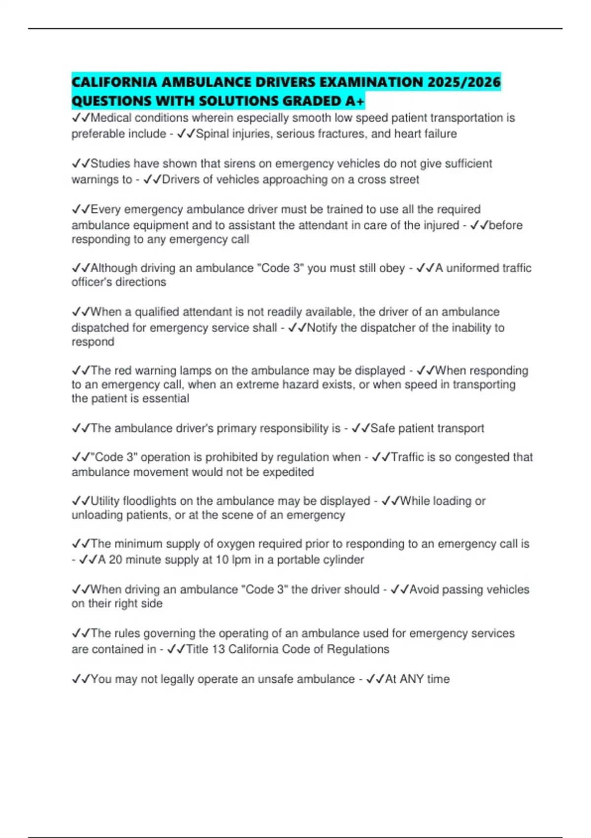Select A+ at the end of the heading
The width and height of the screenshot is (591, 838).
[x=355, y=101]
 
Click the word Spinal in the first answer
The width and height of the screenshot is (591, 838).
[x=212, y=134]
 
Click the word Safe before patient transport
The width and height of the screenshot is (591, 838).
[x=383, y=428]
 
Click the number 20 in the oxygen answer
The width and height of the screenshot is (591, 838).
[x=115, y=560]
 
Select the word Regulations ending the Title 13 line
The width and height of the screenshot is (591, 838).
[x=358, y=649]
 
